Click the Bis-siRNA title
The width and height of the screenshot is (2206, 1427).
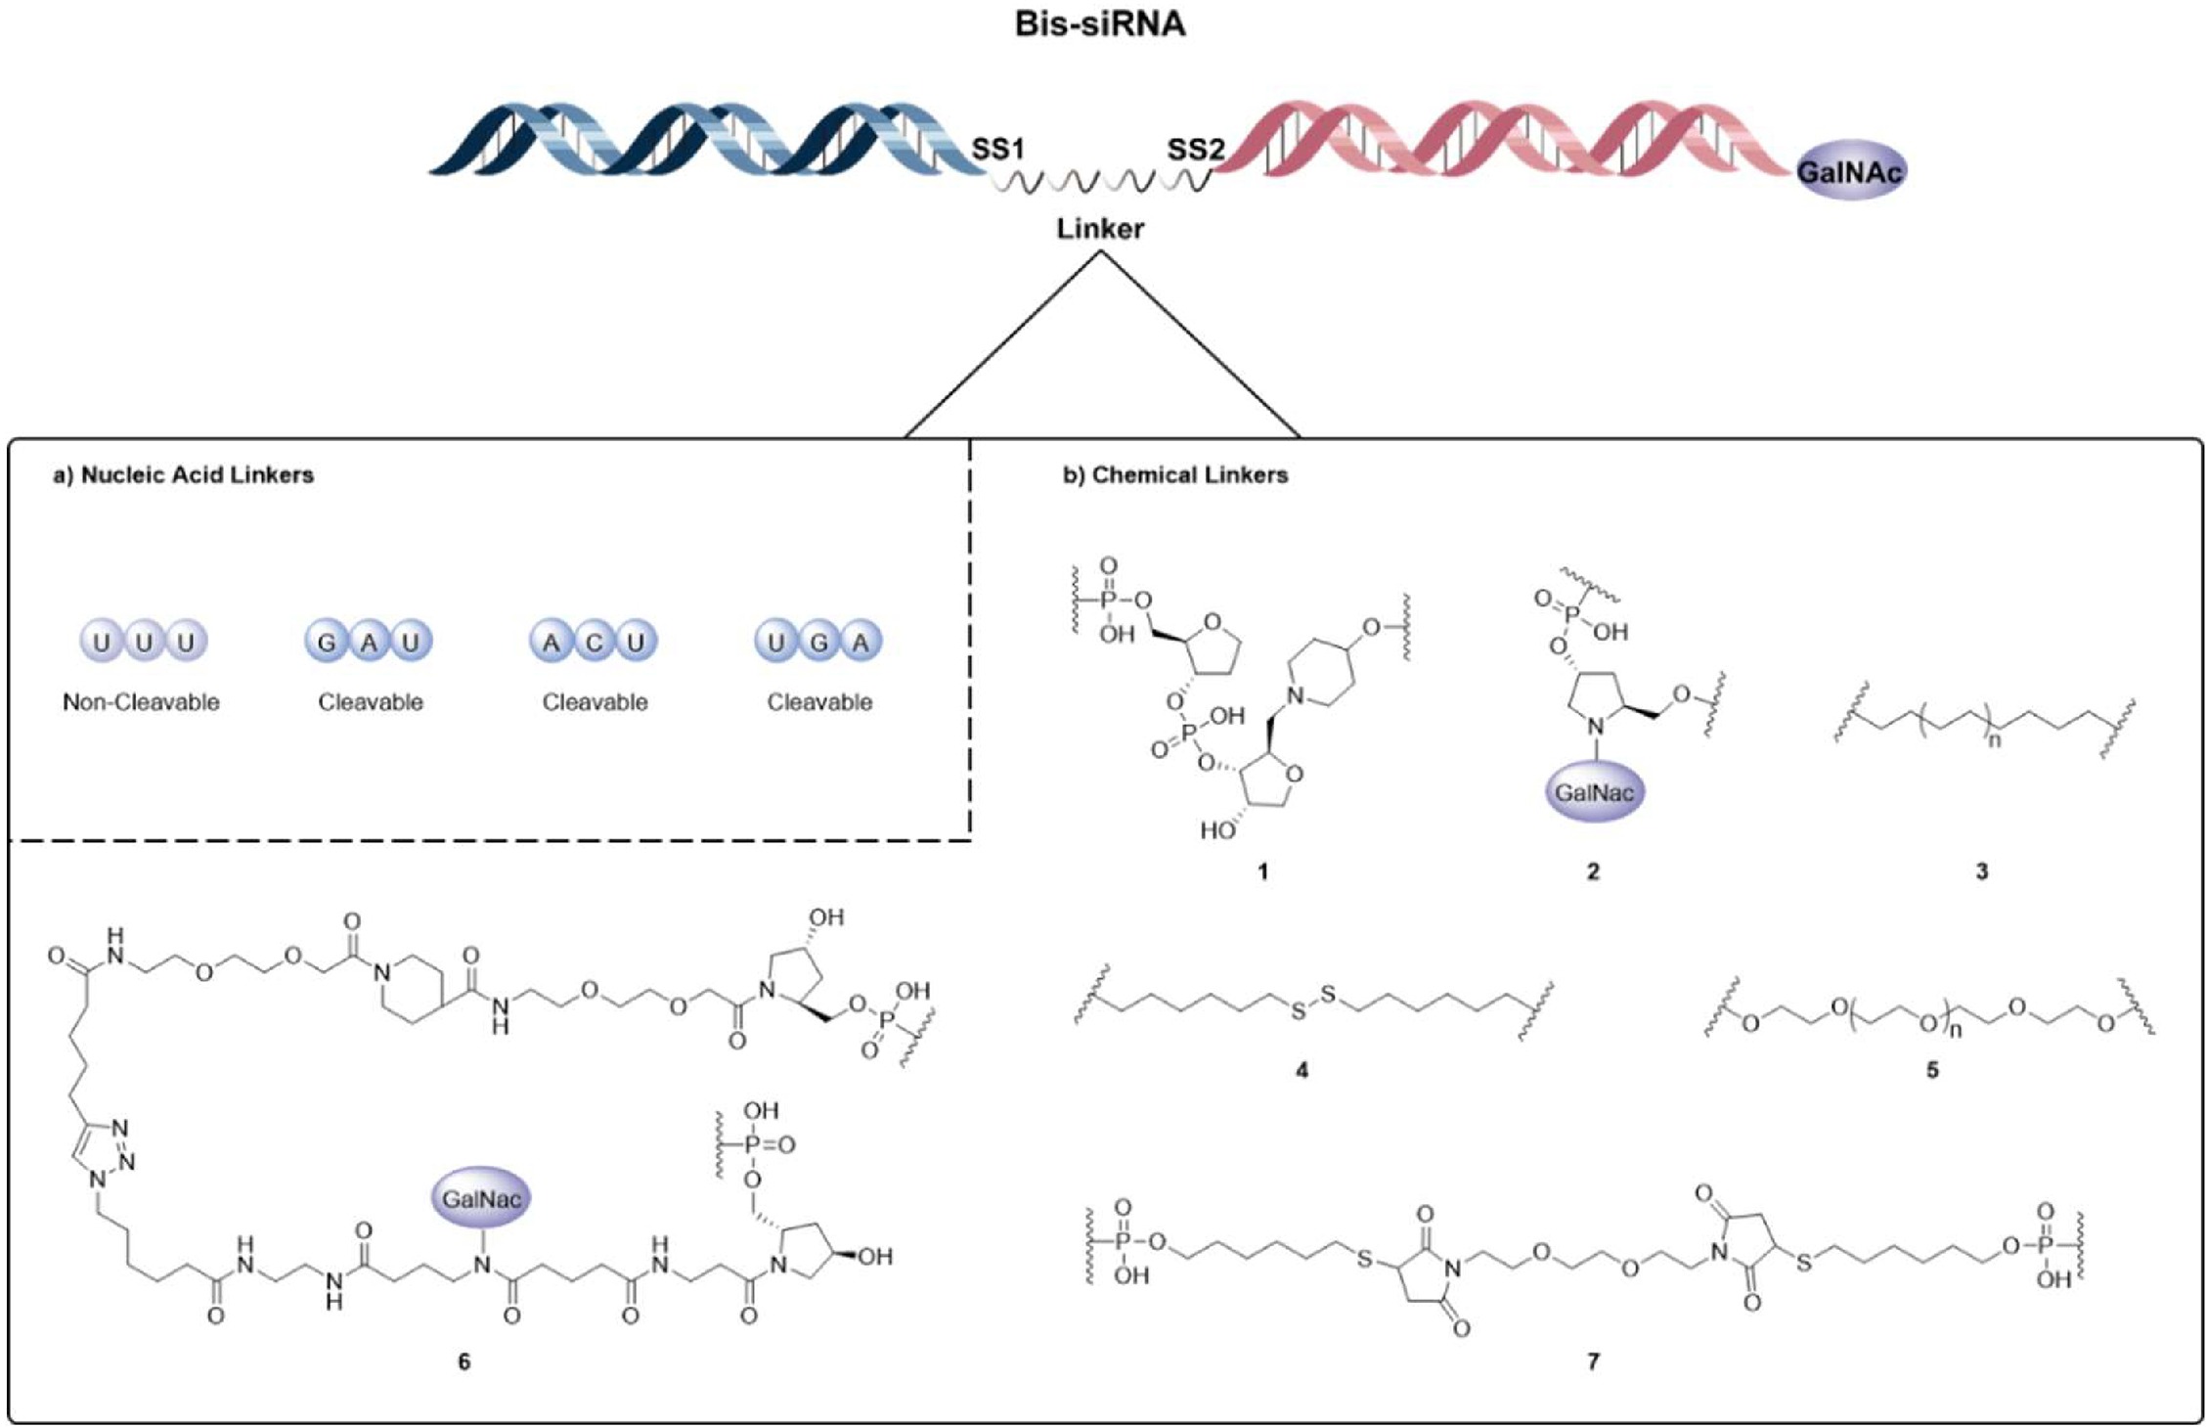[x=1099, y=23]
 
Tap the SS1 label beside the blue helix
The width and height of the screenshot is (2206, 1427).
[x=997, y=149]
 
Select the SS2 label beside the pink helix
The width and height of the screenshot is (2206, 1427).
[x=1195, y=150]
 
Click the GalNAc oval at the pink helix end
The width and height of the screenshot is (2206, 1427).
[x=1850, y=172]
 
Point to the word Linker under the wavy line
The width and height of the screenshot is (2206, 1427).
[x=1100, y=229]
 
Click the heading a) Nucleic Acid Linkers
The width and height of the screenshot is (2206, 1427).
[x=183, y=475]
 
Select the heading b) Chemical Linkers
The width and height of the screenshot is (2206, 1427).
[x=1174, y=475]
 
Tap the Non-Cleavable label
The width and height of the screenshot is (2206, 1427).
[x=141, y=702]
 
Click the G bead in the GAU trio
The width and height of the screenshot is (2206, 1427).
[x=328, y=643]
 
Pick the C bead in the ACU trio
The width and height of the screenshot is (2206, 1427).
[x=594, y=643]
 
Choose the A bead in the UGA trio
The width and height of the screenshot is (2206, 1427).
[x=860, y=643]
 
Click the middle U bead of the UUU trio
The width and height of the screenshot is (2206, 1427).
[x=144, y=643]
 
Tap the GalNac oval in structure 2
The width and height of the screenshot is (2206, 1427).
[x=1594, y=792]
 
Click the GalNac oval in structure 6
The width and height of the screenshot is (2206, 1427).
[x=481, y=1199]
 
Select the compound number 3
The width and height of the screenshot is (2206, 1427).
[x=1982, y=870]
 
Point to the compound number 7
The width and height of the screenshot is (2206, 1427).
[x=1593, y=1360]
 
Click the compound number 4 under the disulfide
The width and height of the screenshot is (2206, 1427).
[x=1302, y=1070]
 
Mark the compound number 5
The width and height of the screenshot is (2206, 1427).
[x=1932, y=1070]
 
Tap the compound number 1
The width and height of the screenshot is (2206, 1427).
[x=1263, y=870]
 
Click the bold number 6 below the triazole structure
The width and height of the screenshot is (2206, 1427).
[x=464, y=1360]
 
